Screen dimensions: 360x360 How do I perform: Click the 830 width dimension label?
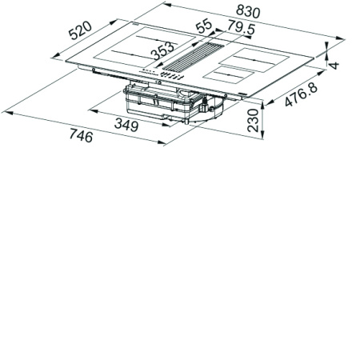[248, 11]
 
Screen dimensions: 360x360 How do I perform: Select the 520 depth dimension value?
[80, 30]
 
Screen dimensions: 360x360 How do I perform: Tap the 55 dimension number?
[204, 26]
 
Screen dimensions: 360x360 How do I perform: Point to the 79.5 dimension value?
[242, 28]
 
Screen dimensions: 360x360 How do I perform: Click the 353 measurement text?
[162, 50]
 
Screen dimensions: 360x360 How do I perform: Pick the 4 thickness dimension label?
[334, 65]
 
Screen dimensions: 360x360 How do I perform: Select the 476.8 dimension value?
[301, 94]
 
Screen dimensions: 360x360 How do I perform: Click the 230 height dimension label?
[253, 120]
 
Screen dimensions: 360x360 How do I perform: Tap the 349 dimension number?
[126, 125]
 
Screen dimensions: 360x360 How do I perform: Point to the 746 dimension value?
[81, 135]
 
